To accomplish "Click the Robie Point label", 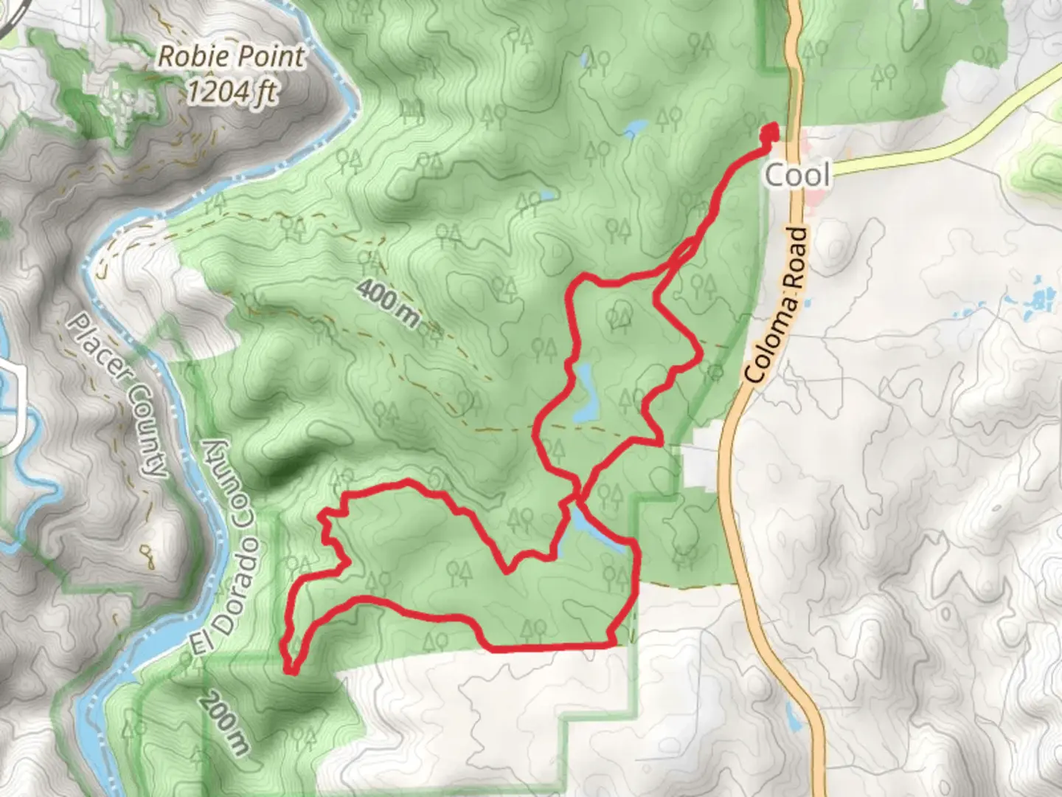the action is [x=231, y=57].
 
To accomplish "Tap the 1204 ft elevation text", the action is [x=231, y=92].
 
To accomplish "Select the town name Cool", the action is [x=797, y=176].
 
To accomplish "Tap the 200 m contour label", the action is [x=223, y=722].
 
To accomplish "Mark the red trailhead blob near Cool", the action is [x=768, y=133].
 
